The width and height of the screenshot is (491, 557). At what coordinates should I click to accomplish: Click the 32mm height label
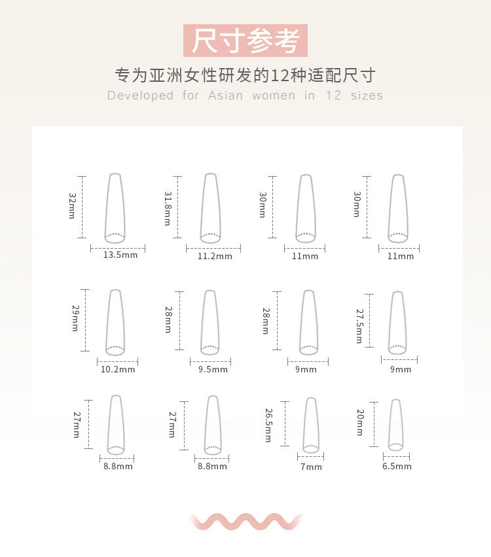tap(72, 206)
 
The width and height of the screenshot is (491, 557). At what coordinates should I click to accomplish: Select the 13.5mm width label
tap(120, 255)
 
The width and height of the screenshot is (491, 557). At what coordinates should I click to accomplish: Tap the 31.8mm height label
tap(168, 209)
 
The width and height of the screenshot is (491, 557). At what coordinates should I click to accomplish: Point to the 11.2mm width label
tap(215, 256)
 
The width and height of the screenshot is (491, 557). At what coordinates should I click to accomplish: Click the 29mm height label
tap(75, 318)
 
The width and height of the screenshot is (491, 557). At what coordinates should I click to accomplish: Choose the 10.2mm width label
tap(118, 369)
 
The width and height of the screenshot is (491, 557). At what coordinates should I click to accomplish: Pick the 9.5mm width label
tap(213, 369)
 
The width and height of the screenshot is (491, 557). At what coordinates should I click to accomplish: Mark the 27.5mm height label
tap(359, 326)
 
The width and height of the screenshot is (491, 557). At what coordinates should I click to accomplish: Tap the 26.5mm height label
tap(268, 425)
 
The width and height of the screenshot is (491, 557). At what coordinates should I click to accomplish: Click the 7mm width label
tap(311, 467)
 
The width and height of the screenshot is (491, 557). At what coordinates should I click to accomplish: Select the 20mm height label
tap(360, 422)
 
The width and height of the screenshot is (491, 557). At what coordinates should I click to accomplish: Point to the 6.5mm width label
tap(397, 466)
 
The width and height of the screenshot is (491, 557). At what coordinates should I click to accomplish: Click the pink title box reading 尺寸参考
tap(245, 41)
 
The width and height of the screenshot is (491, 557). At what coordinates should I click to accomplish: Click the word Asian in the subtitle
tap(226, 96)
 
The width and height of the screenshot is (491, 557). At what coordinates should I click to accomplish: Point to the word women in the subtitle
tap(274, 96)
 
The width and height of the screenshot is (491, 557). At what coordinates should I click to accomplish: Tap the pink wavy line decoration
tap(245, 522)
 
